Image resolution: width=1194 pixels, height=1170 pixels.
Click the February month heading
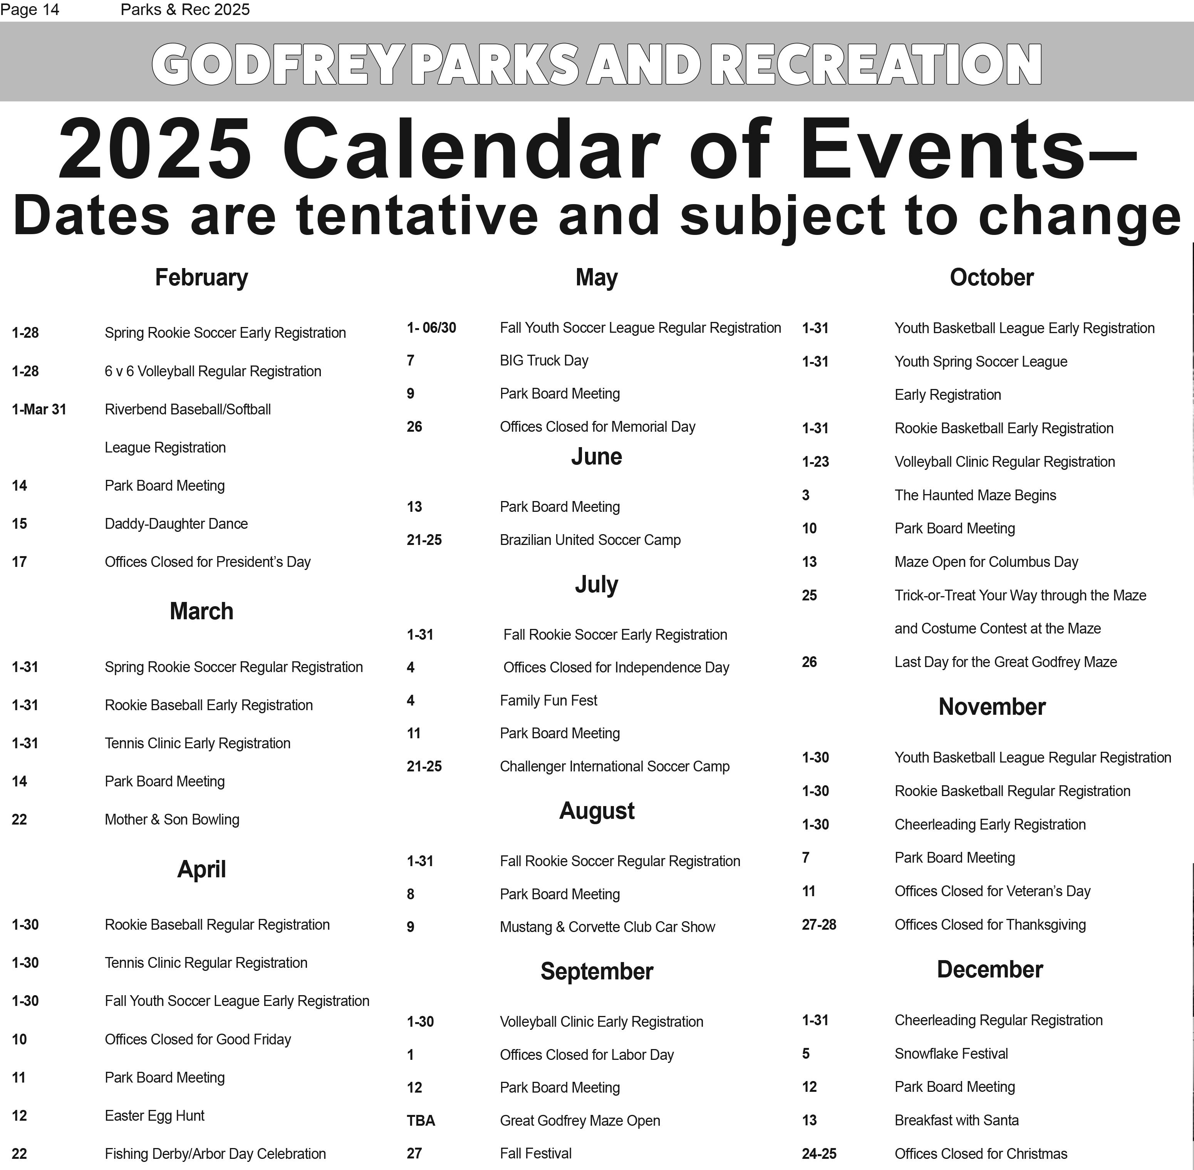pos(201,277)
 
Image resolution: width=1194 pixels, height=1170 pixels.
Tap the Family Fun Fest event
pos(548,701)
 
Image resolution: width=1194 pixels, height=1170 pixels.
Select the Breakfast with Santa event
pos(956,1120)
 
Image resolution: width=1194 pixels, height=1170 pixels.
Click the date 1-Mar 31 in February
pos(39,409)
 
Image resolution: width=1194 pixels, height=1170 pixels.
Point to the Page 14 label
pos(30,10)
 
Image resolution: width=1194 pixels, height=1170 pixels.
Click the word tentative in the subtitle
pos(417,215)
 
